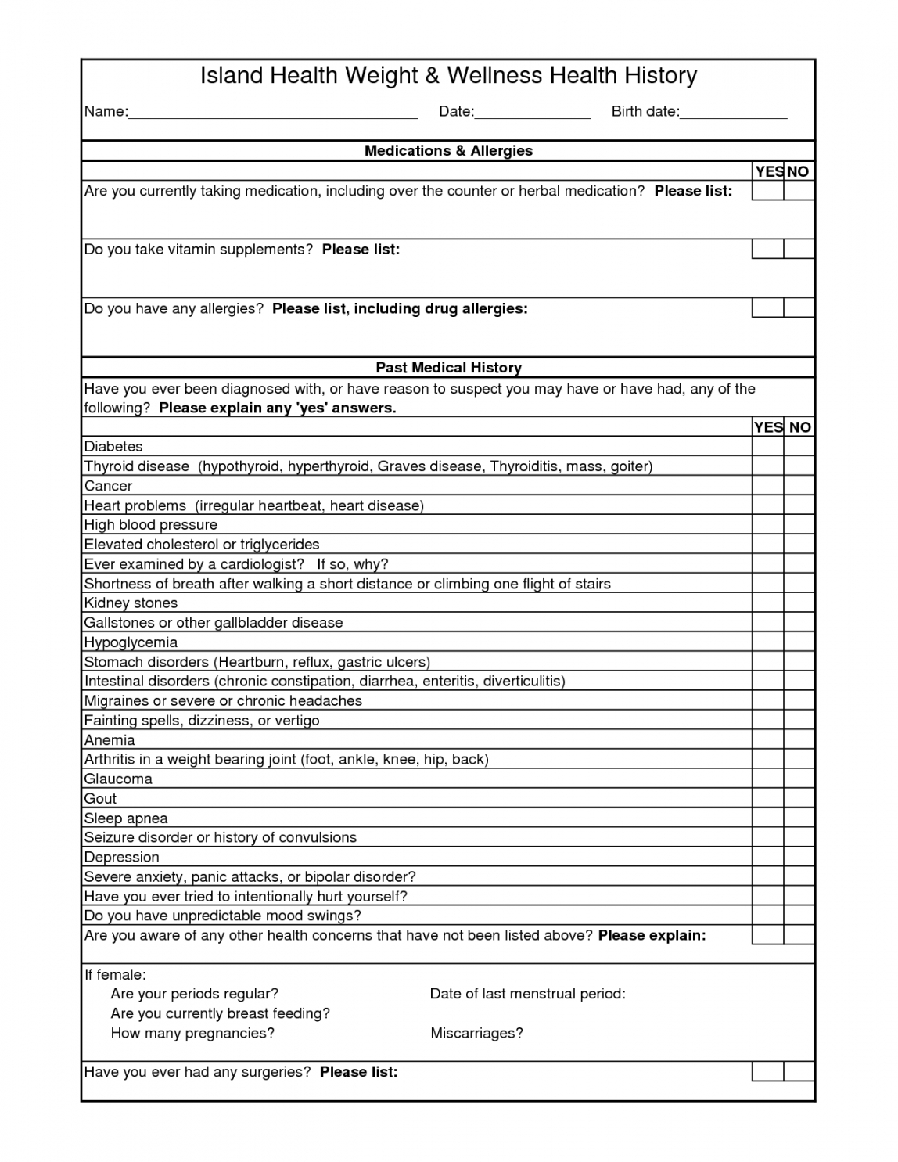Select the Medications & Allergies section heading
point(448,151)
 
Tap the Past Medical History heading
point(448,368)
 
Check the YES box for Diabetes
point(767,447)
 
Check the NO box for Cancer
point(799,486)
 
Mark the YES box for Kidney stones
point(767,603)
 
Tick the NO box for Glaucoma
point(799,779)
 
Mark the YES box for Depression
point(767,858)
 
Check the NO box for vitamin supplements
point(799,250)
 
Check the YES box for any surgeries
point(767,1072)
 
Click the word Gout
point(100,799)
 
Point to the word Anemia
point(110,740)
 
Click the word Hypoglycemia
point(131,642)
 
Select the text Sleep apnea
point(126,818)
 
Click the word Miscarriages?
point(476,1034)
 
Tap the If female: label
point(115,975)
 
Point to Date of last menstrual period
point(527,994)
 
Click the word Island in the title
point(231,76)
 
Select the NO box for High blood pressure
point(799,525)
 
